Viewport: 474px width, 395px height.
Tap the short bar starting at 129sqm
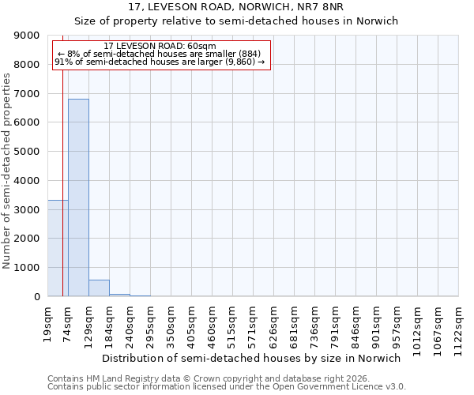[99, 288]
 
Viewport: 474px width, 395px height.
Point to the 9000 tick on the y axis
[29, 36]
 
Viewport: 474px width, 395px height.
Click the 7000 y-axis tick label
[29, 94]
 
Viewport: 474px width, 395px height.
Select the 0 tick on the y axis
[37, 297]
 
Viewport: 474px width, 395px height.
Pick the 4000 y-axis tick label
[29, 181]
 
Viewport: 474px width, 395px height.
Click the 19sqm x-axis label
[48, 320]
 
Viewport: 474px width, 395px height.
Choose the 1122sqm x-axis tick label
[459, 325]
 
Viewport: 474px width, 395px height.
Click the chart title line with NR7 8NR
[237, 7]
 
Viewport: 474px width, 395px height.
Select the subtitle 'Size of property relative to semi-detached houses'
[237, 21]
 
